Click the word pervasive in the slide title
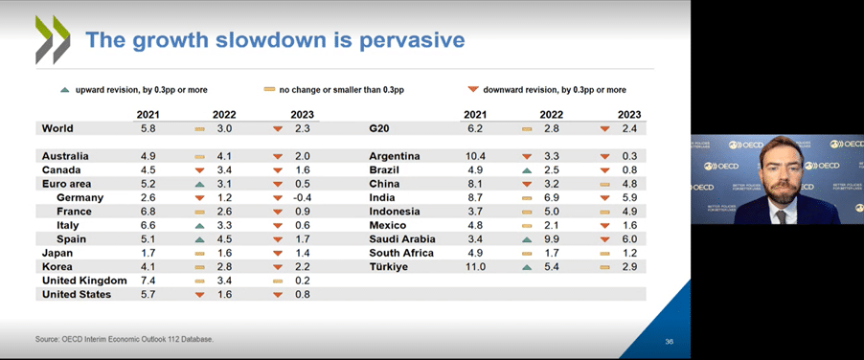click(409, 40)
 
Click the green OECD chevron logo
click(53, 40)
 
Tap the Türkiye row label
click(388, 267)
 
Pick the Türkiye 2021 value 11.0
click(475, 267)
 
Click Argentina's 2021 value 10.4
click(475, 156)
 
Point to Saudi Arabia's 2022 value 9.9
click(555, 239)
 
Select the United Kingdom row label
click(84, 281)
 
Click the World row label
click(57, 127)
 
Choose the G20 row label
click(378, 127)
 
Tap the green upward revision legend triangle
click(64, 90)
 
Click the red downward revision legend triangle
click(473, 90)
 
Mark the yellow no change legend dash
click(269, 90)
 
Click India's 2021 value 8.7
click(475, 197)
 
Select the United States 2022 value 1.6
click(225, 295)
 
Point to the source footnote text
click(125, 339)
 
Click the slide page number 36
click(670, 341)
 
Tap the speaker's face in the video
click(776, 169)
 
